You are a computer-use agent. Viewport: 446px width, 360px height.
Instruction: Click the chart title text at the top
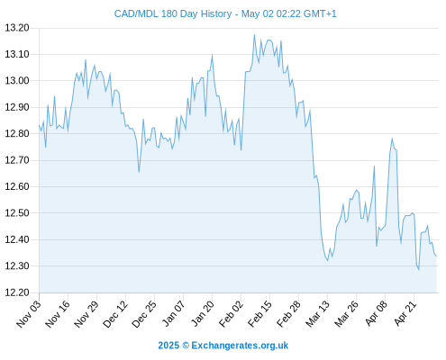coord(225,13)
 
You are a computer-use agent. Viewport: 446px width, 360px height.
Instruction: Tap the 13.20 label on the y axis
coord(17,28)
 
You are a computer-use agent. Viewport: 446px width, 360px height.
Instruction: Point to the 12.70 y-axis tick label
coord(17,160)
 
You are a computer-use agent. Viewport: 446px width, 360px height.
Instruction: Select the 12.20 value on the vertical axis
coord(17,292)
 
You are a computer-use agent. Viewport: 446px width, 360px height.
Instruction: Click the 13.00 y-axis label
coord(17,81)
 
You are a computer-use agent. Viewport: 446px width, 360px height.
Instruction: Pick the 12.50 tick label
coord(17,213)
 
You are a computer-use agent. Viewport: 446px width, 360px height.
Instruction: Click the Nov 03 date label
coord(29,313)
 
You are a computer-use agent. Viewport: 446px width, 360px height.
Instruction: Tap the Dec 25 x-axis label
coord(144,313)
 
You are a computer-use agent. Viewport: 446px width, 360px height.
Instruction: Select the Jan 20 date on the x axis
coord(203,313)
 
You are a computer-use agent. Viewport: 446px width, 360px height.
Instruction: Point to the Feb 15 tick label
coord(260,313)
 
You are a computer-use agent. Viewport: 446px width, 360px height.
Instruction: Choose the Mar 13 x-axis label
coord(318,313)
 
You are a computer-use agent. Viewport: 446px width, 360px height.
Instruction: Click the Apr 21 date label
coord(405,313)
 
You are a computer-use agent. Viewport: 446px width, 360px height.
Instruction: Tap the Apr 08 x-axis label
coord(377,313)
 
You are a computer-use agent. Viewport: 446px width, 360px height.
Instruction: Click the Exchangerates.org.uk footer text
coord(240,346)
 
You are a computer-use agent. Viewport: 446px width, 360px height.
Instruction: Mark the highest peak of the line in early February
coord(254,35)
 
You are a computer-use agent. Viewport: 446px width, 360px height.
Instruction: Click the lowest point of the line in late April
coord(418,269)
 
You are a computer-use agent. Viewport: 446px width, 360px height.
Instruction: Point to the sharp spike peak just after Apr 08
coord(392,139)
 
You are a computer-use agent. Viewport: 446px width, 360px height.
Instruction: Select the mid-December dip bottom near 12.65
coord(139,172)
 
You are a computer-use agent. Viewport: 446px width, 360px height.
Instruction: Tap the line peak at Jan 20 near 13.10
coord(213,55)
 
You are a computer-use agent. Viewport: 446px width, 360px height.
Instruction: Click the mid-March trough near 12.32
coord(328,260)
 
